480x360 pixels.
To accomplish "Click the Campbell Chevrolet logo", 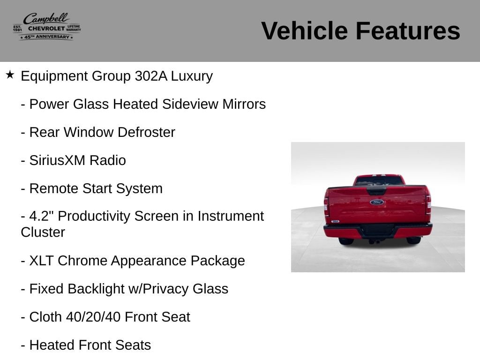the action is pos(47,26).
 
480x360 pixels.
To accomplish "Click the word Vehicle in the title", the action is pos(305,30).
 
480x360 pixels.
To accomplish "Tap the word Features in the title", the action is pos(408,30).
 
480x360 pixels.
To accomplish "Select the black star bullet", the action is pos(10,75).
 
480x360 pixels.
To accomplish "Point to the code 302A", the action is pos(151,76).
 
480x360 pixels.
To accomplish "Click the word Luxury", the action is pos(192,76).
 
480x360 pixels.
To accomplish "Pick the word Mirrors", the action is pos(244,104).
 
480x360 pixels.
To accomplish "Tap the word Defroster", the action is pos(146,132).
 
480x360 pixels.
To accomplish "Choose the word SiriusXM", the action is pos(57,160).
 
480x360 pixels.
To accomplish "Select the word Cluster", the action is pos(43,232).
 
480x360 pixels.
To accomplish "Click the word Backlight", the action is pos(96,289).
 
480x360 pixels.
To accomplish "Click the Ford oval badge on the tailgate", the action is pos(377,202).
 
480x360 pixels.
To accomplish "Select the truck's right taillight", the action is pos(428,204).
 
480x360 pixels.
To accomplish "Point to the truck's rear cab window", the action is pos(379,180).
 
